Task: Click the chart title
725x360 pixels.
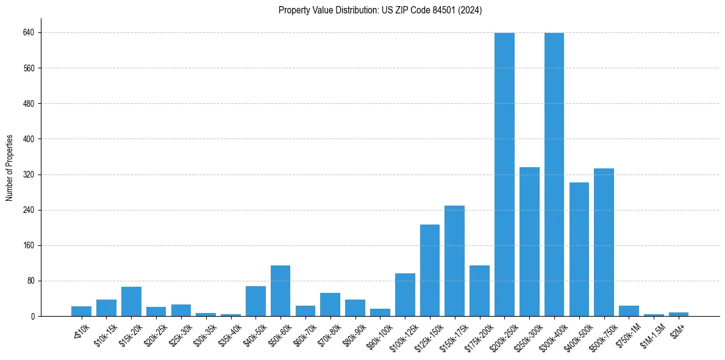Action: (x=380, y=10)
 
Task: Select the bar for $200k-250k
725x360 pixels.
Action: (x=504, y=175)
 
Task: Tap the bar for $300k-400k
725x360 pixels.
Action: (x=554, y=175)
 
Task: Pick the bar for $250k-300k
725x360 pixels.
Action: (x=529, y=242)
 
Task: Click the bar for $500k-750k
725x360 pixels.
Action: (x=604, y=242)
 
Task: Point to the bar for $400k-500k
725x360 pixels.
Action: (x=579, y=249)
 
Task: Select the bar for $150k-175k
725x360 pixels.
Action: (x=454, y=261)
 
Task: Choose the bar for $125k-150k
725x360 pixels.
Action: (x=430, y=270)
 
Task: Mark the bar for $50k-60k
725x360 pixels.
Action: (x=280, y=290)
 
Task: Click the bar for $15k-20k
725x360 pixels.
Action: (x=131, y=301)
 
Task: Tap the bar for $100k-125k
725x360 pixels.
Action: (x=405, y=295)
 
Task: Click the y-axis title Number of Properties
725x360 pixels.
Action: (x=10, y=167)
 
